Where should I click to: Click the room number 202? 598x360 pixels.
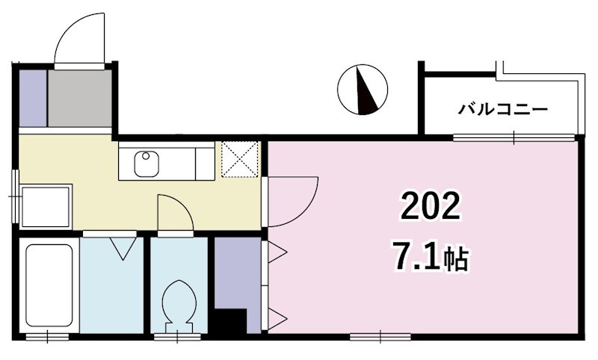(430, 206)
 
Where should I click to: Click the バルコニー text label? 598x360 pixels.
(502, 109)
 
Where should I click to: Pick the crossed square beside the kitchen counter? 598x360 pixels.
(241, 160)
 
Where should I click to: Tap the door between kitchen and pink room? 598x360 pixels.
(293, 200)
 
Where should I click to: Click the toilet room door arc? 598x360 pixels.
(175, 212)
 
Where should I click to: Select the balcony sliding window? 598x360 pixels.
(514, 137)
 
